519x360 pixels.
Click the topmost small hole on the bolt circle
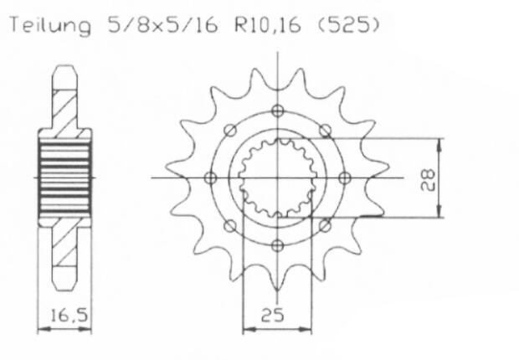click(277, 110)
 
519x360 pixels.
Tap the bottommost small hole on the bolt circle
click(277, 245)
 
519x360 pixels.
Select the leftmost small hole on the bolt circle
click(210, 177)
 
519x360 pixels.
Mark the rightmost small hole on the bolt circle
click(344, 177)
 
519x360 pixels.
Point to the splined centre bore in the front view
click(277, 177)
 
